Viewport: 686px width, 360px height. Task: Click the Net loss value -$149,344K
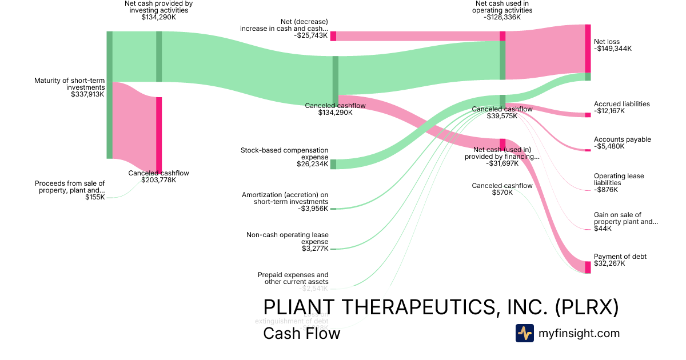(x=613, y=49)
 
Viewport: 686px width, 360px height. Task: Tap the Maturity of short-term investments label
(x=69, y=84)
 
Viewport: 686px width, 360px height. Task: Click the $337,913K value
(x=87, y=94)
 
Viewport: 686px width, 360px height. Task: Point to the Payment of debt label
(x=620, y=257)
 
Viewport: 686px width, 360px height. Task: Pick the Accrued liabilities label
(x=622, y=104)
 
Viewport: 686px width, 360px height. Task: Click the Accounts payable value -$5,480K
(x=609, y=146)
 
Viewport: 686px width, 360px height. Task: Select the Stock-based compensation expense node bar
(x=333, y=165)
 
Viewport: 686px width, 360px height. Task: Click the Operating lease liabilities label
(x=619, y=179)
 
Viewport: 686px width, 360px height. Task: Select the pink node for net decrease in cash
(x=333, y=36)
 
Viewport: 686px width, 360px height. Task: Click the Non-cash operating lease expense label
(x=288, y=238)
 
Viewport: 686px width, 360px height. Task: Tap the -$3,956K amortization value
(x=313, y=209)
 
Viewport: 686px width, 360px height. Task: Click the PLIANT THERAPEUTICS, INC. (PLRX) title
(x=441, y=307)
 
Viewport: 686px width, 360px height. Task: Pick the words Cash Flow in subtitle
(x=301, y=333)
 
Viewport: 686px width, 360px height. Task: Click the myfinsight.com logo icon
(x=524, y=333)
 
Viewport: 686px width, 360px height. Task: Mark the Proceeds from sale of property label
(x=70, y=187)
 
